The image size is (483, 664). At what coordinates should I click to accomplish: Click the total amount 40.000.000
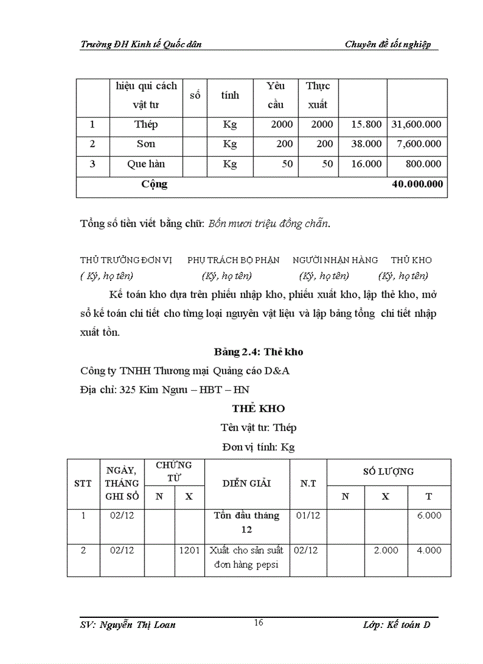click(417, 184)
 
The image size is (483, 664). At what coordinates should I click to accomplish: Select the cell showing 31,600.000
click(417, 125)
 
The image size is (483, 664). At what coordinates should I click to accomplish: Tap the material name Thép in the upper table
click(146, 125)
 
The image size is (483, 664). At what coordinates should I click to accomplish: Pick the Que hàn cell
click(146, 164)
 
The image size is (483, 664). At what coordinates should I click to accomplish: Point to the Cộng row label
click(154, 184)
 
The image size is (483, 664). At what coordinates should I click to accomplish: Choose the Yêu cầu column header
click(275, 95)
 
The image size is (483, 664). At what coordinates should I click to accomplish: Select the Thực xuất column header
click(318, 95)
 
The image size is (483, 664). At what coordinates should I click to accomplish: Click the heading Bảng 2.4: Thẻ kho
click(259, 352)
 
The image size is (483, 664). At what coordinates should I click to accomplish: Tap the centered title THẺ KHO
click(259, 409)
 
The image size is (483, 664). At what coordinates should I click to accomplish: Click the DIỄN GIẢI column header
click(247, 483)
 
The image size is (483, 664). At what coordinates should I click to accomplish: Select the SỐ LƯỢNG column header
click(388, 471)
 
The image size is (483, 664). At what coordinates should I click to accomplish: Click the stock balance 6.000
click(429, 515)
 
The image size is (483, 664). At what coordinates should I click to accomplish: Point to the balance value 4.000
click(429, 550)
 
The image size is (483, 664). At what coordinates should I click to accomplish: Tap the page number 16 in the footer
click(258, 622)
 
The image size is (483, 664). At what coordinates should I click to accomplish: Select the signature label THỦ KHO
click(411, 260)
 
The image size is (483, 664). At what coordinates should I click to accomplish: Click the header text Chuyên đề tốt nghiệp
click(388, 44)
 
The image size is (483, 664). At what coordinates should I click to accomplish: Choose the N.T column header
click(308, 483)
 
